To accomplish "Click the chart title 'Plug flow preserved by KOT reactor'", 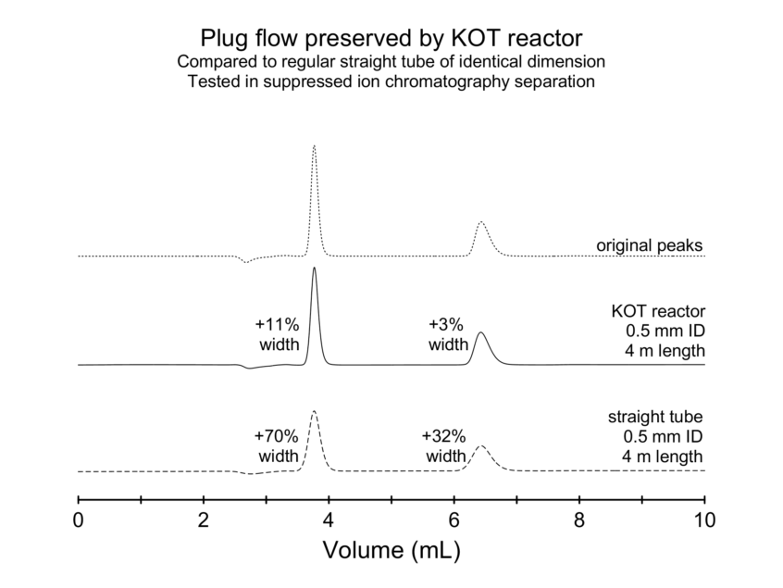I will pyautogui.click(x=391, y=39).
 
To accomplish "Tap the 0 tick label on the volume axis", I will pyautogui.click(x=79, y=520).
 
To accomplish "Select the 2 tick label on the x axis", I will pyautogui.click(x=204, y=520).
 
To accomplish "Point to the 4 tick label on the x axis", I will pyautogui.click(x=329, y=520).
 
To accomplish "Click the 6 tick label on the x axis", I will pyautogui.click(x=454, y=520).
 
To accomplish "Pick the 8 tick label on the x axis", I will pyautogui.click(x=579, y=520).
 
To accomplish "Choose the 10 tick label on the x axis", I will pyautogui.click(x=704, y=520).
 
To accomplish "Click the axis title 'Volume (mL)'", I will pyautogui.click(x=391, y=552).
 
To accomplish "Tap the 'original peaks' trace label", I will pyautogui.click(x=649, y=246).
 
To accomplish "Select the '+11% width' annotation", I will pyautogui.click(x=278, y=335).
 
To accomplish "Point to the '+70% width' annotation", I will pyautogui.click(x=278, y=446).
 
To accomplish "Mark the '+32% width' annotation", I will pyautogui.click(x=445, y=446).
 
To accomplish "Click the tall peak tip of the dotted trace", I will pyautogui.click(x=315, y=146).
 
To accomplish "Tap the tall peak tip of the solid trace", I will pyautogui.click(x=315, y=269).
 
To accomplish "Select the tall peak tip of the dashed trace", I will pyautogui.click(x=315, y=412).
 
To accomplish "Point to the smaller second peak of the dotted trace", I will pyautogui.click(x=481, y=223).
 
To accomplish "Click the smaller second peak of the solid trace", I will pyautogui.click(x=480, y=333).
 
